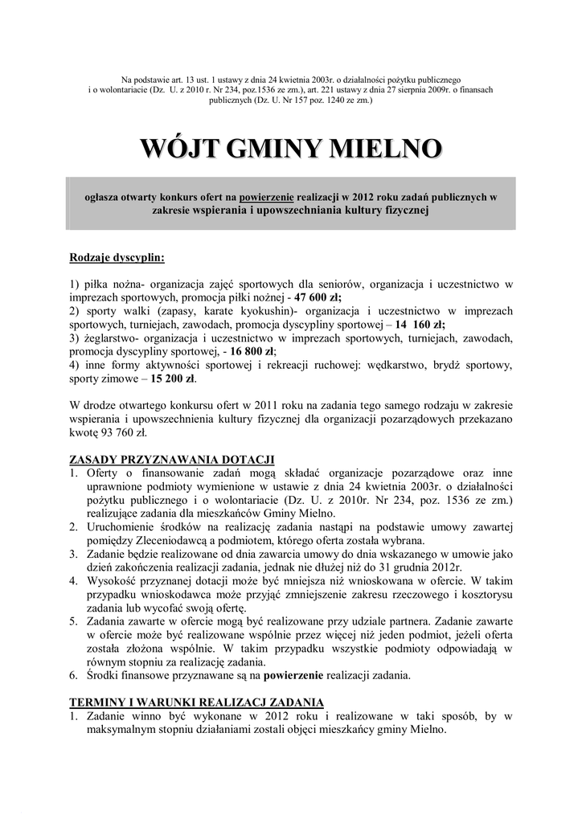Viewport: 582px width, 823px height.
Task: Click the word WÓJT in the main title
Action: (x=178, y=149)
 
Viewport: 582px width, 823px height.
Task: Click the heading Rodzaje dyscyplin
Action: (x=116, y=258)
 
